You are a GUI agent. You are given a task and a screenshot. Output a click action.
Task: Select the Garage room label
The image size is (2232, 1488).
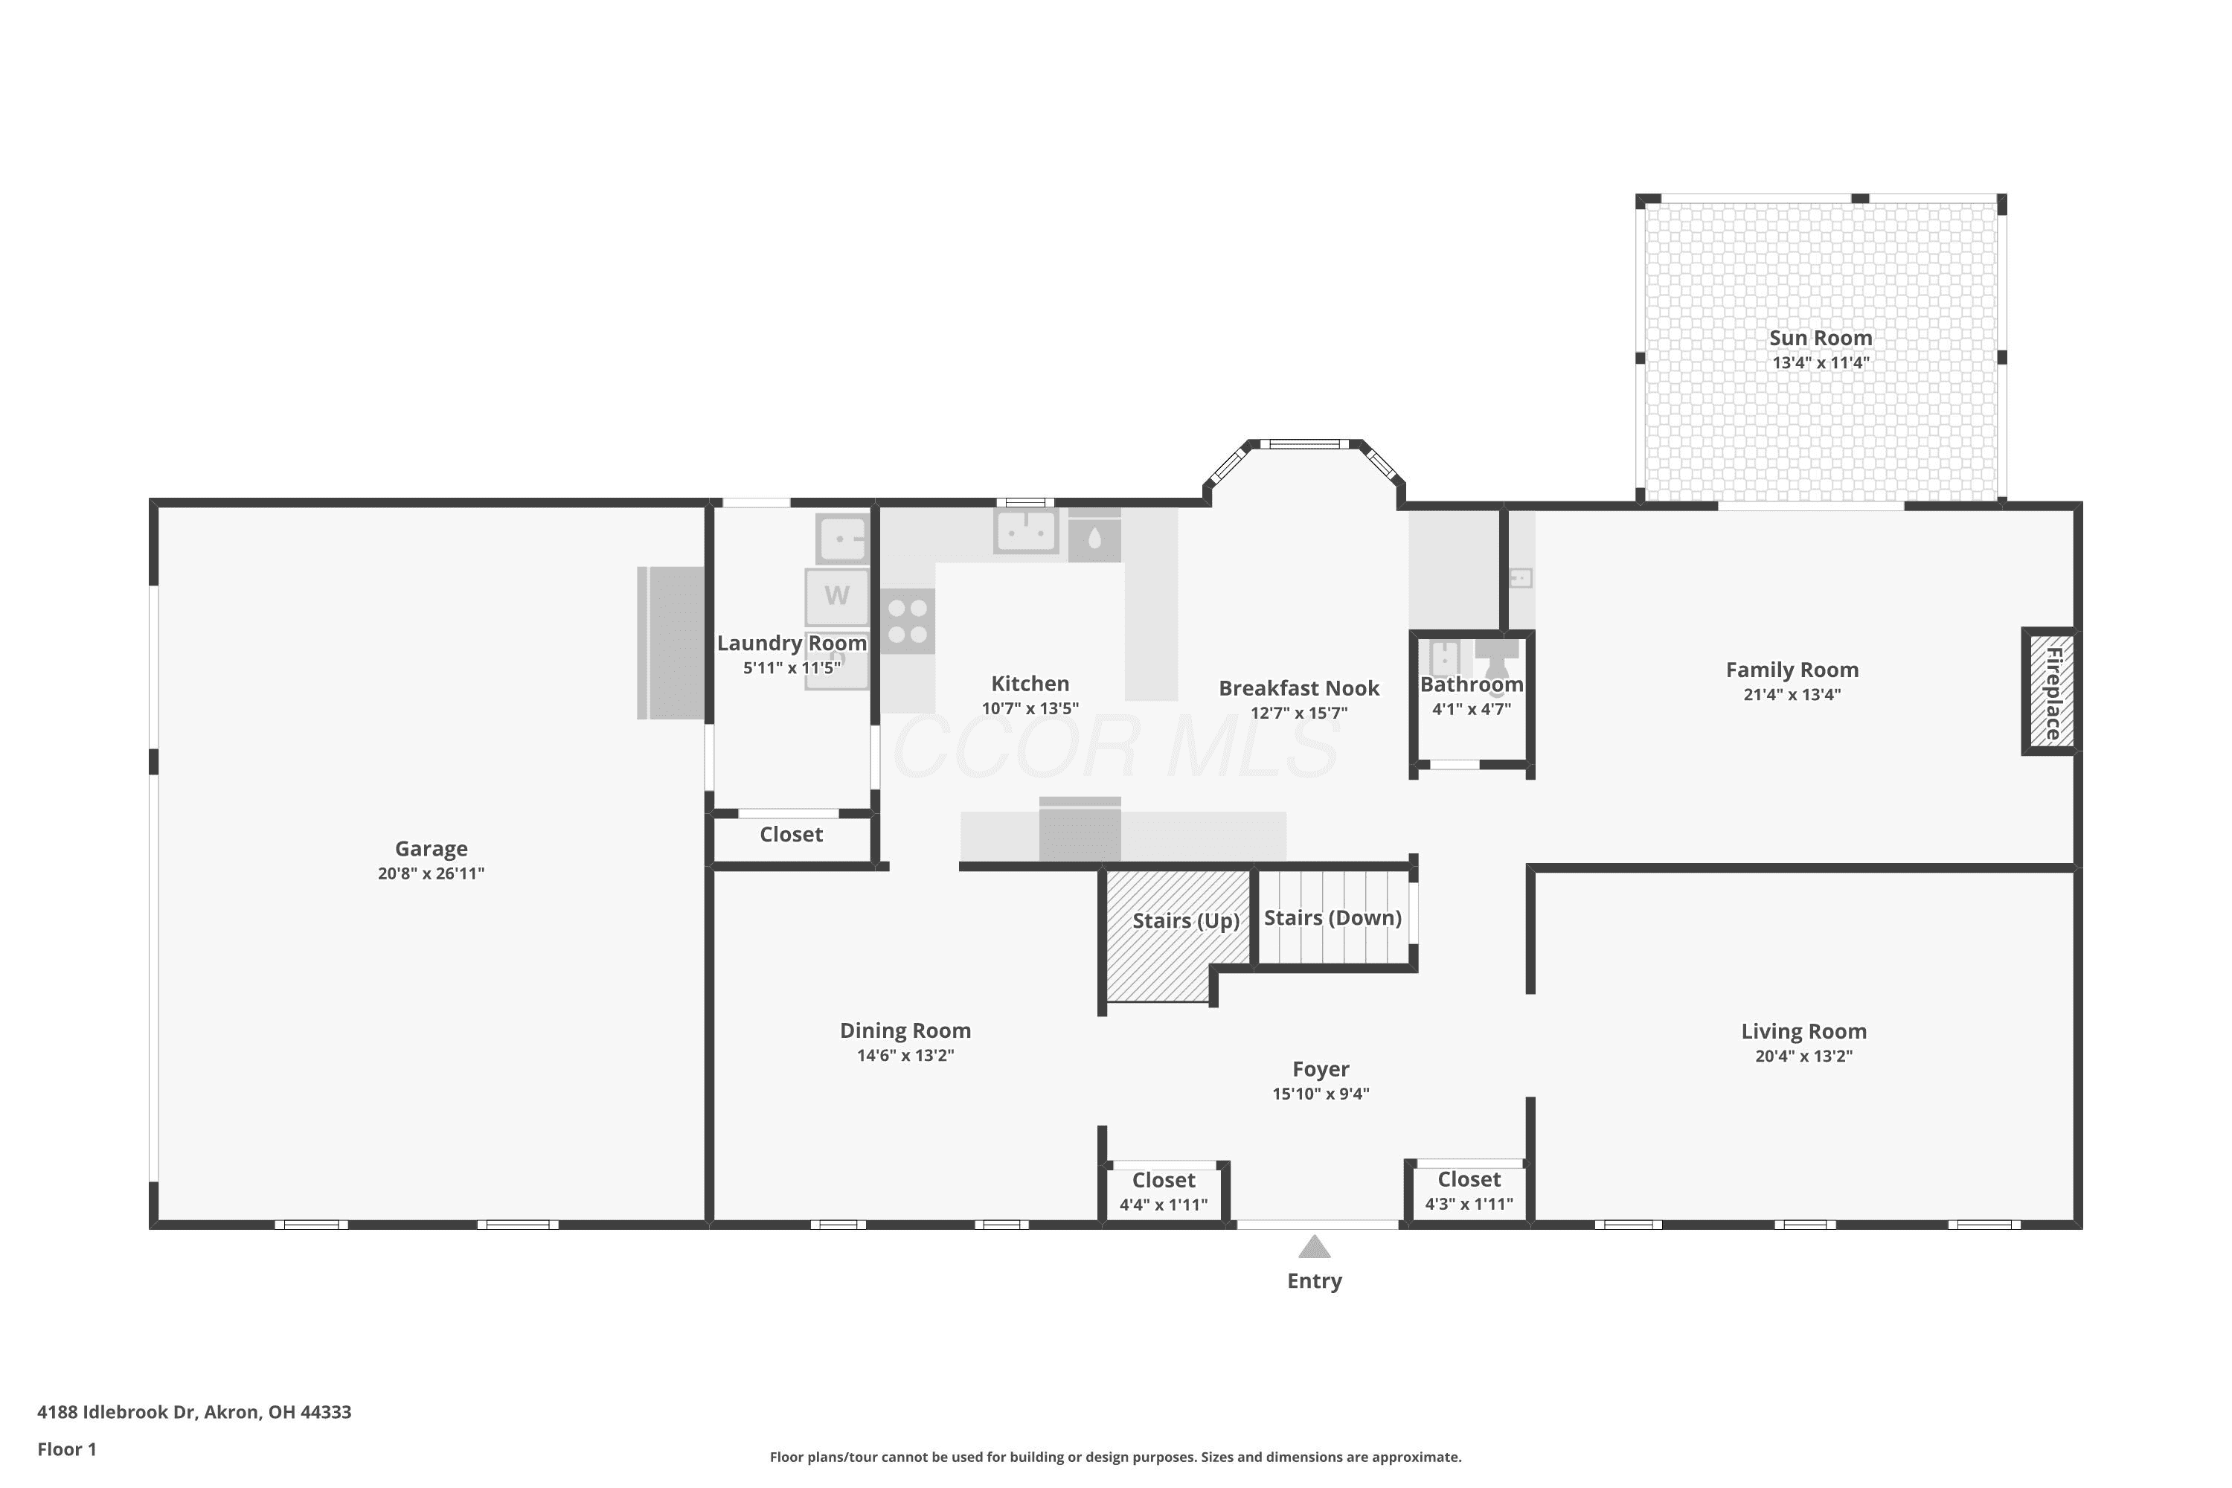point(431,848)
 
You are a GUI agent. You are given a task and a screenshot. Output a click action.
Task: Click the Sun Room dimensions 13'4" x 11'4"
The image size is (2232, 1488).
point(1820,362)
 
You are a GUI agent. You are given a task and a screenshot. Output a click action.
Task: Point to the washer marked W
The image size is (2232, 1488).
point(837,596)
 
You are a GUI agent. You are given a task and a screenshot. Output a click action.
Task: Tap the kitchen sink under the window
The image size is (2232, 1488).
point(1026,531)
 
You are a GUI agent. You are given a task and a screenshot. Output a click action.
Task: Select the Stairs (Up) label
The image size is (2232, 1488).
point(1185,920)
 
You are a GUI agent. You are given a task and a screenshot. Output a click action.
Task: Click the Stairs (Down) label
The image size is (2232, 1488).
point(1333,917)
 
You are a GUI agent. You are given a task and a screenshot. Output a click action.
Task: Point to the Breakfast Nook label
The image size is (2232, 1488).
point(1298,688)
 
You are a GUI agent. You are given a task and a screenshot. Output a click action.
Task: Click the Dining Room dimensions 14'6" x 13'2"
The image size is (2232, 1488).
point(905,1055)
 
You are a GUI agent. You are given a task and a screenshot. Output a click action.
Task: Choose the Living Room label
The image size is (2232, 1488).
point(1803,1031)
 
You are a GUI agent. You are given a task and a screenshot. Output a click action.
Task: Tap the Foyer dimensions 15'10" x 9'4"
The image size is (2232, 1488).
point(1320,1093)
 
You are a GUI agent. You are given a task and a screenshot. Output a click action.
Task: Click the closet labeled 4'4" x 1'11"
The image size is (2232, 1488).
point(1164,1193)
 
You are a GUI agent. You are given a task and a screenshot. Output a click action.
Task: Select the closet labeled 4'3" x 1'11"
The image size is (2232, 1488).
point(1469,1192)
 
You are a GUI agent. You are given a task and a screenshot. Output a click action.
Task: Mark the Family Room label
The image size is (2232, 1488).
point(1792,670)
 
